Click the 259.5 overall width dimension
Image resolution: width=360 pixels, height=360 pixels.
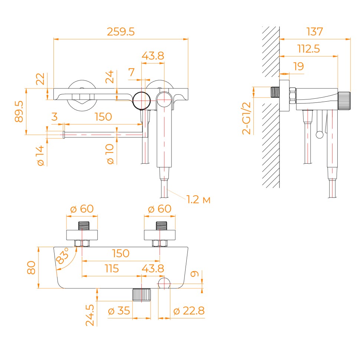[121, 32]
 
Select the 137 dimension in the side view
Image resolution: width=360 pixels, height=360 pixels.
[315, 32]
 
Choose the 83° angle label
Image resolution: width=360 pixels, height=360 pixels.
[62, 256]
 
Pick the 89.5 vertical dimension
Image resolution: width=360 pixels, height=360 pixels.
[19, 112]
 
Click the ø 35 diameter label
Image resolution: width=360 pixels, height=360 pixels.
[119, 311]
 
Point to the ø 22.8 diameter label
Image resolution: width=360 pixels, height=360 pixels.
[189, 311]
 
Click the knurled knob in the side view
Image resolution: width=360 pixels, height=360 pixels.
[344, 100]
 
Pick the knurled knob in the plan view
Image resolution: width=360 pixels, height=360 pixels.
[142, 295]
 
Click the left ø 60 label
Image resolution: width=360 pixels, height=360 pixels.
[82, 209]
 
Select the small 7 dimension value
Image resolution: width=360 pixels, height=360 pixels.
[131, 72]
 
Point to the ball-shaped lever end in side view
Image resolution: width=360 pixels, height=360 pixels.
[319, 134]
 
